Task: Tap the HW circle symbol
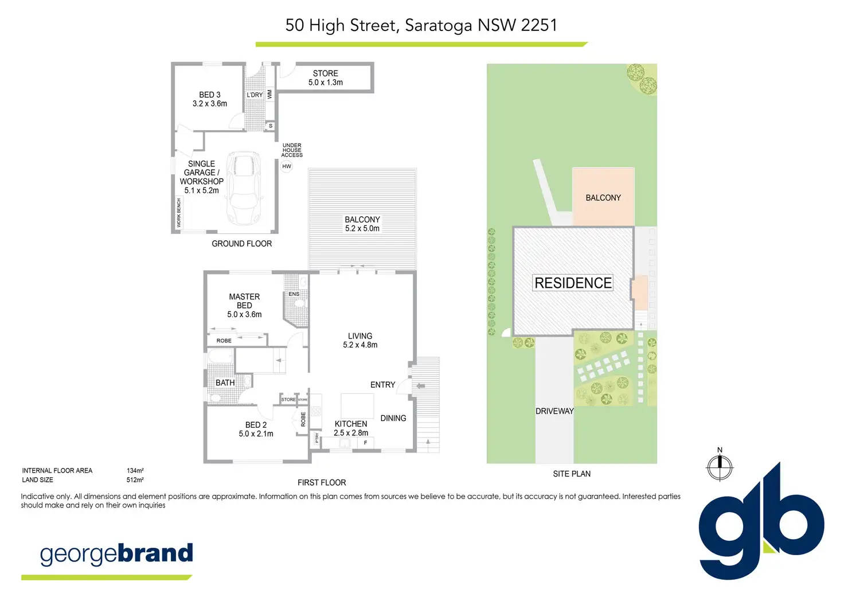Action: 286,166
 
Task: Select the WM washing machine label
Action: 270,94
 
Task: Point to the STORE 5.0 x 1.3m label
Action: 326,78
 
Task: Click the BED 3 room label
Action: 210,95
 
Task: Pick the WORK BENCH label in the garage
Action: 178,213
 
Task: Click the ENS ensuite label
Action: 294,294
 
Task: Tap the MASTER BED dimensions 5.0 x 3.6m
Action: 244,314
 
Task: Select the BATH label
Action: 225,383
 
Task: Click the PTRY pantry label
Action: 317,438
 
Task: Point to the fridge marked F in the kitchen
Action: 365,443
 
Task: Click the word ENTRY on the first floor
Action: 383,385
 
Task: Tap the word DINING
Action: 393,418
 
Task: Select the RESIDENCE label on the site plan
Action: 573,283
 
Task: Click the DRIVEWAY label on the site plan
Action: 554,411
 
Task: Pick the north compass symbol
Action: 720,467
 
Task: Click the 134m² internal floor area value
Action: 135,471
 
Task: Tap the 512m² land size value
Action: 135,480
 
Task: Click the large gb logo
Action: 761,522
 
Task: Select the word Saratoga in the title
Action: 438,26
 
